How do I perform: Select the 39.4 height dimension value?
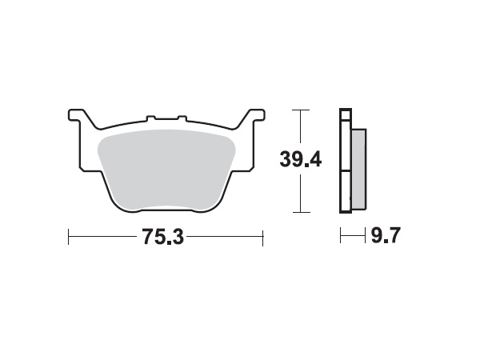coord(300,159)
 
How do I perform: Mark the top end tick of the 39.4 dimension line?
coord(300,109)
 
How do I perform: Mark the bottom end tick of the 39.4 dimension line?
coord(300,212)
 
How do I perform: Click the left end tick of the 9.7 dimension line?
coord(340,235)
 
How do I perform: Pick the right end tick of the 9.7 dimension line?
coord(365,235)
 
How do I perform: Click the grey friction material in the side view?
coord(358,164)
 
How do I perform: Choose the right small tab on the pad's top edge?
coord(183,120)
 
